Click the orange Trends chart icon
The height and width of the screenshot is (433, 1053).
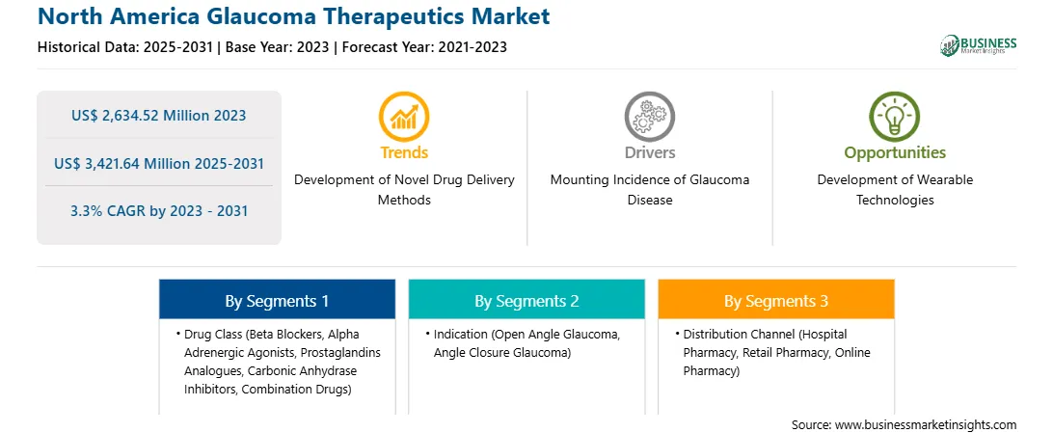point(404,117)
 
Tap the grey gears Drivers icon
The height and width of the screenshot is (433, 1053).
point(649,117)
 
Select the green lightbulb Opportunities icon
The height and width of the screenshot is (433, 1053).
point(895,117)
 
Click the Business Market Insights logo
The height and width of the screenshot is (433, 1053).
point(979,45)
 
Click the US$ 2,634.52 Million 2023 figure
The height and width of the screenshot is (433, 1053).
point(158,116)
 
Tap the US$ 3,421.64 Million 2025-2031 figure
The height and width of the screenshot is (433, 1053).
point(158,163)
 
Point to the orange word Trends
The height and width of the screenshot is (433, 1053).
point(404,152)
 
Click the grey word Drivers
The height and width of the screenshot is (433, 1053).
point(649,152)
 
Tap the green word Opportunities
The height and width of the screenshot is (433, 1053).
point(895,153)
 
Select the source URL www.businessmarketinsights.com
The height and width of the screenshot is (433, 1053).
point(926,425)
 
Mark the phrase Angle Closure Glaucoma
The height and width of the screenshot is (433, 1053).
point(502,352)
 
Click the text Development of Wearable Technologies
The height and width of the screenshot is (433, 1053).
point(895,190)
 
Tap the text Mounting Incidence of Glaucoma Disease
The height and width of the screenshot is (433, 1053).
point(649,190)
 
